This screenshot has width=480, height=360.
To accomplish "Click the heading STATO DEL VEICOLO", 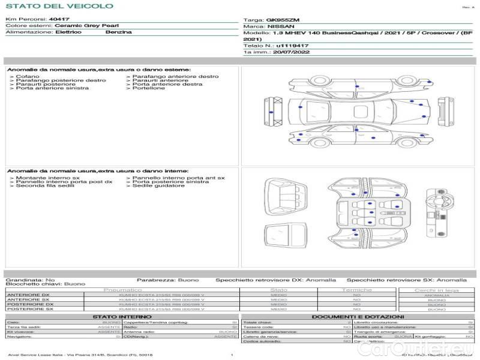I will [59, 6].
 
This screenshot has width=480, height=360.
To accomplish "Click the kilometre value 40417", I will [58, 20].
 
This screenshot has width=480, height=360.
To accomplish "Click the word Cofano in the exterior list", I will [28, 77].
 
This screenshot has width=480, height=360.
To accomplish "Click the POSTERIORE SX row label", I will [29, 309].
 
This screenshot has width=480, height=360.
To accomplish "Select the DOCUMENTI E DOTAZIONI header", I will [357, 316].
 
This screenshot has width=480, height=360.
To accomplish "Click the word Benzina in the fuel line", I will [118, 32].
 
